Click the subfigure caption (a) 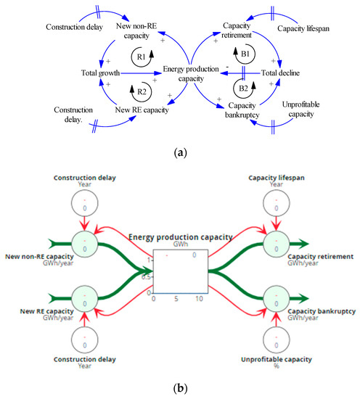click(x=180, y=153)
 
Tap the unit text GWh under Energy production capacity click(x=181, y=245)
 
